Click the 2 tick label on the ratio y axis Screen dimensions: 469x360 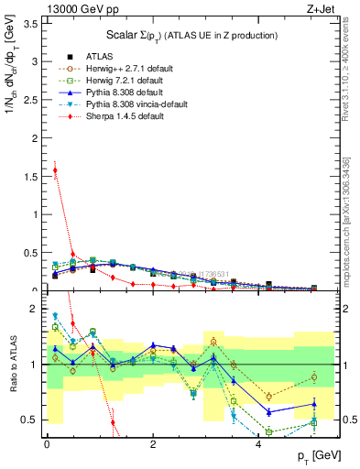coord(35,309)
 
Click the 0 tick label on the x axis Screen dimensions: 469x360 coord(47,442)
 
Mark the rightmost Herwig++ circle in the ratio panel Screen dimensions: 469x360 coord(313,376)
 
